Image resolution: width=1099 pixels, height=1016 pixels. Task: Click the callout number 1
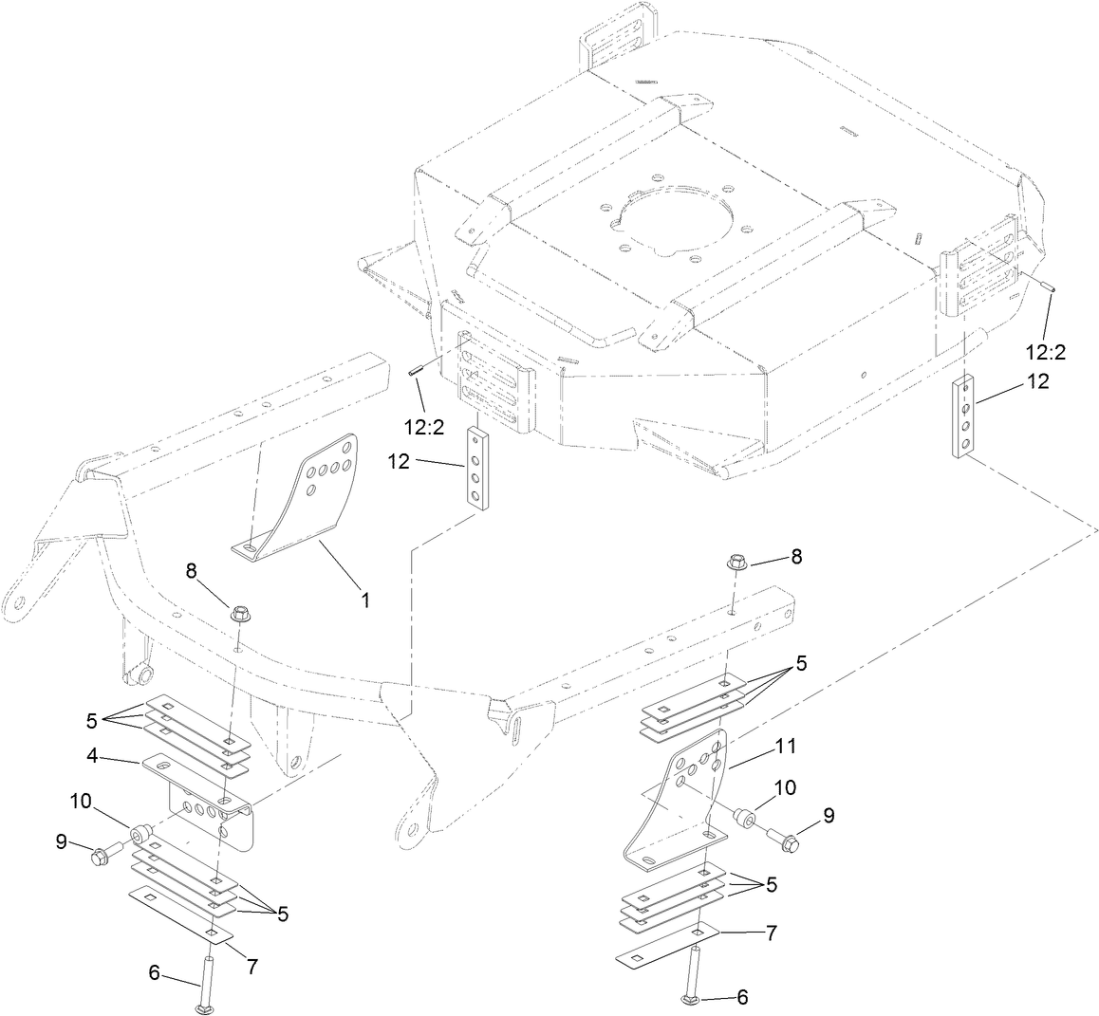[364, 600]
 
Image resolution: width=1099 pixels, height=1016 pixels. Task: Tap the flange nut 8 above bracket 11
[737, 562]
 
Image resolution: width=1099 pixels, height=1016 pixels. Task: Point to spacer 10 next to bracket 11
[746, 815]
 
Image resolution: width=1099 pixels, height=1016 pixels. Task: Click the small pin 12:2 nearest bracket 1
[415, 374]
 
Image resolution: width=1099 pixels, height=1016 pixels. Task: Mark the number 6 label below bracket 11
[743, 997]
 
